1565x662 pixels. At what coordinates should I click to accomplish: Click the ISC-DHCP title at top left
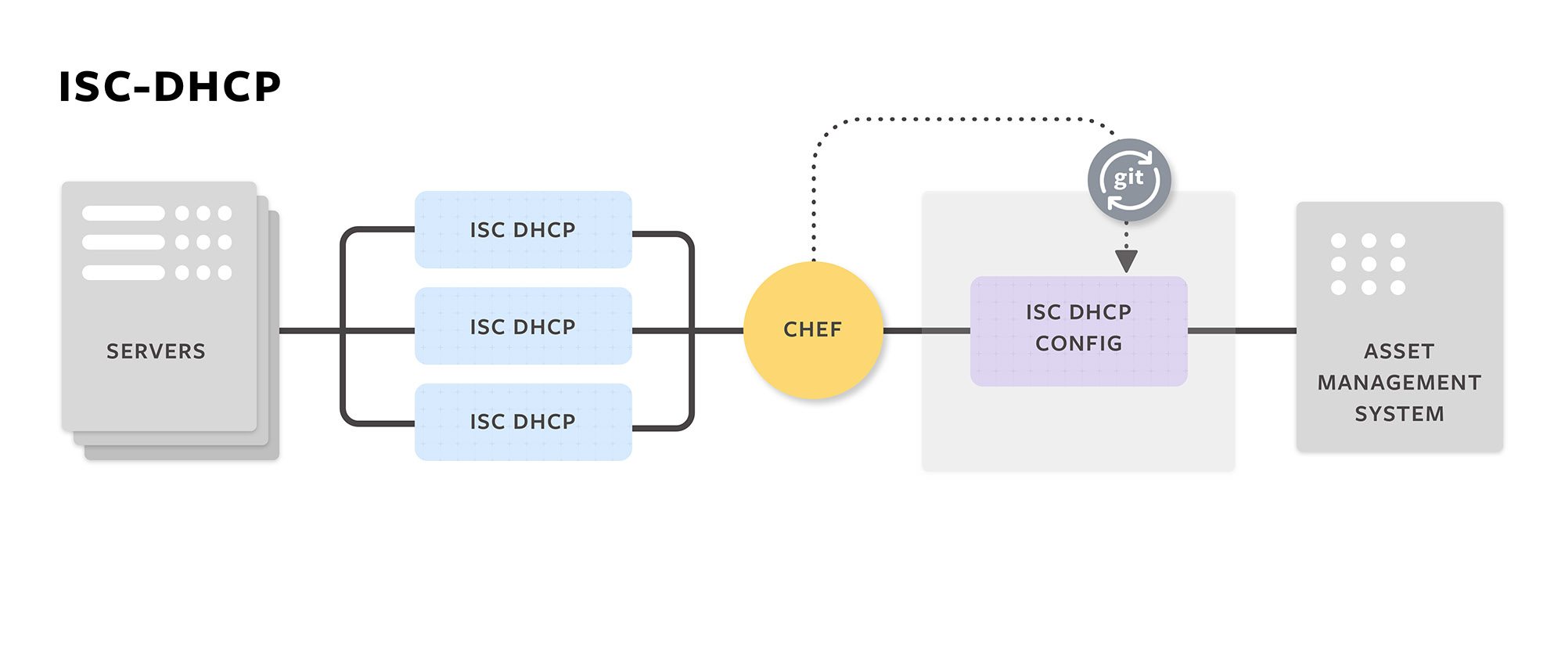point(170,87)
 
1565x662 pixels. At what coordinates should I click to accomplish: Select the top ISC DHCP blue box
point(523,229)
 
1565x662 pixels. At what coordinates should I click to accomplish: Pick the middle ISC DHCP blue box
point(523,326)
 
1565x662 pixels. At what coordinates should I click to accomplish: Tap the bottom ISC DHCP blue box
point(523,422)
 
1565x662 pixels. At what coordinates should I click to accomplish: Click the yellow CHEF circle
point(812,329)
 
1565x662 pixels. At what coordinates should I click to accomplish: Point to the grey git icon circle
point(1128,180)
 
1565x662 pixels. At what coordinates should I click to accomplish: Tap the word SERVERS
point(156,351)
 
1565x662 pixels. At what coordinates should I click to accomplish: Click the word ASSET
point(1399,351)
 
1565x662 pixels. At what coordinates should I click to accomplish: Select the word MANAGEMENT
point(1399,383)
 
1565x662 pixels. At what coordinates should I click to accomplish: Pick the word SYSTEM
point(1399,414)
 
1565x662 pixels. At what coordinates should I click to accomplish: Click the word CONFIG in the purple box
point(1078,344)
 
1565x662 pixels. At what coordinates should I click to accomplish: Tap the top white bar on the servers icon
point(123,213)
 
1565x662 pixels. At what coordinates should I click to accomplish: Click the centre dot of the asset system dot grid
point(1369,264)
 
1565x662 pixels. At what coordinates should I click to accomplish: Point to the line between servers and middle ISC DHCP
point(310,331)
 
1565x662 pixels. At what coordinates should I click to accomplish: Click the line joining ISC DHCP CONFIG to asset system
point(1242,331)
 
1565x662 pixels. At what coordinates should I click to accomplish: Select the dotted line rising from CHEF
point(814,196)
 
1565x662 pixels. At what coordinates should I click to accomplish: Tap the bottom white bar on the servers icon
point(123,272)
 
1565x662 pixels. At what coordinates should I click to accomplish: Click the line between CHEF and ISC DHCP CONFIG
point(926,331)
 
